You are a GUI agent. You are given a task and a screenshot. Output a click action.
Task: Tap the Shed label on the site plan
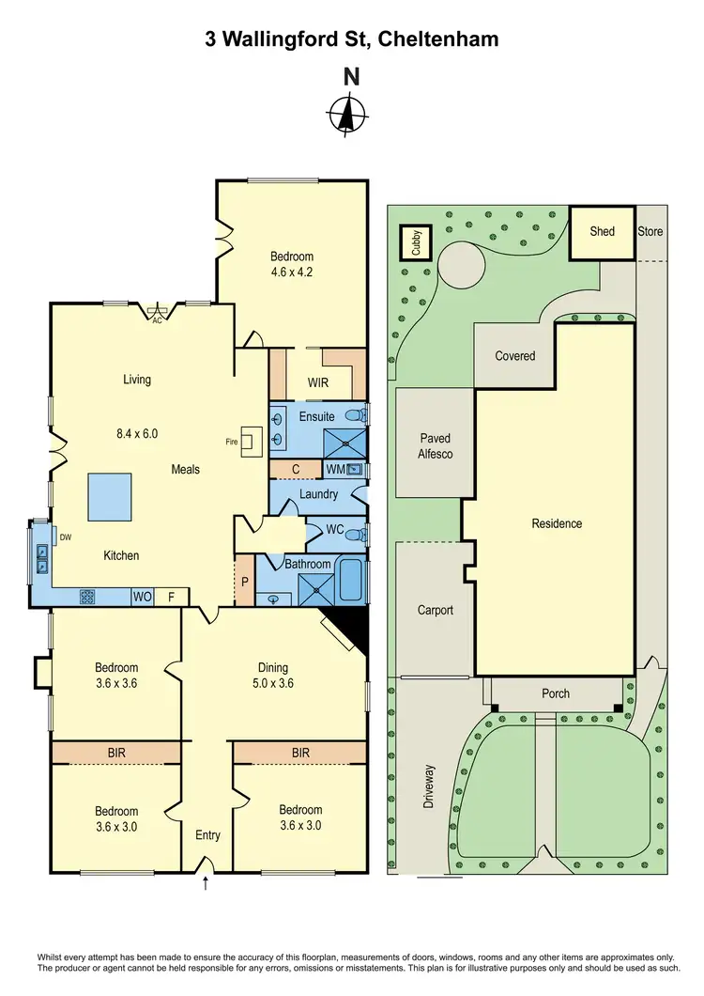point(602,231)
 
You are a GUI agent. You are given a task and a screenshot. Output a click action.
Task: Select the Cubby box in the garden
point(415,242)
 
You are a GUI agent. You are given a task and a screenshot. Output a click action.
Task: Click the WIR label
point(318,383)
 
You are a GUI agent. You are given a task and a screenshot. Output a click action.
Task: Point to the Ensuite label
point(316,416)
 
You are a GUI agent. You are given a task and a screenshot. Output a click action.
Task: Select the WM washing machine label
point(335,468)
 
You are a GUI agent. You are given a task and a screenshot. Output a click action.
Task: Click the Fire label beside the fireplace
point(231,440)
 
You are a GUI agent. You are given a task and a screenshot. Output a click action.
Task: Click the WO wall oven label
point(143,596)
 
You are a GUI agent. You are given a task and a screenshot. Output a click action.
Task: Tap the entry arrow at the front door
point(207,884)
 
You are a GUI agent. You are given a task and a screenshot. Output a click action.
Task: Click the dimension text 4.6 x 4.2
point(291,274)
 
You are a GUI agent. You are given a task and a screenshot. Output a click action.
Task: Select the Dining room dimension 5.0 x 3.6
point(273,684)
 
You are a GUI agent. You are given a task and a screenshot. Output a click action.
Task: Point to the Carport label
point(435,610)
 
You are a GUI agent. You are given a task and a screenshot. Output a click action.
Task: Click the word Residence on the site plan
point(557,523)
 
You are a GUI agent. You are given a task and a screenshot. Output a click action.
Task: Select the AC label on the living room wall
point(158,319)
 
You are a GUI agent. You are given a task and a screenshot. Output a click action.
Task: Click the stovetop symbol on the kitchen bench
point(87,595)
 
